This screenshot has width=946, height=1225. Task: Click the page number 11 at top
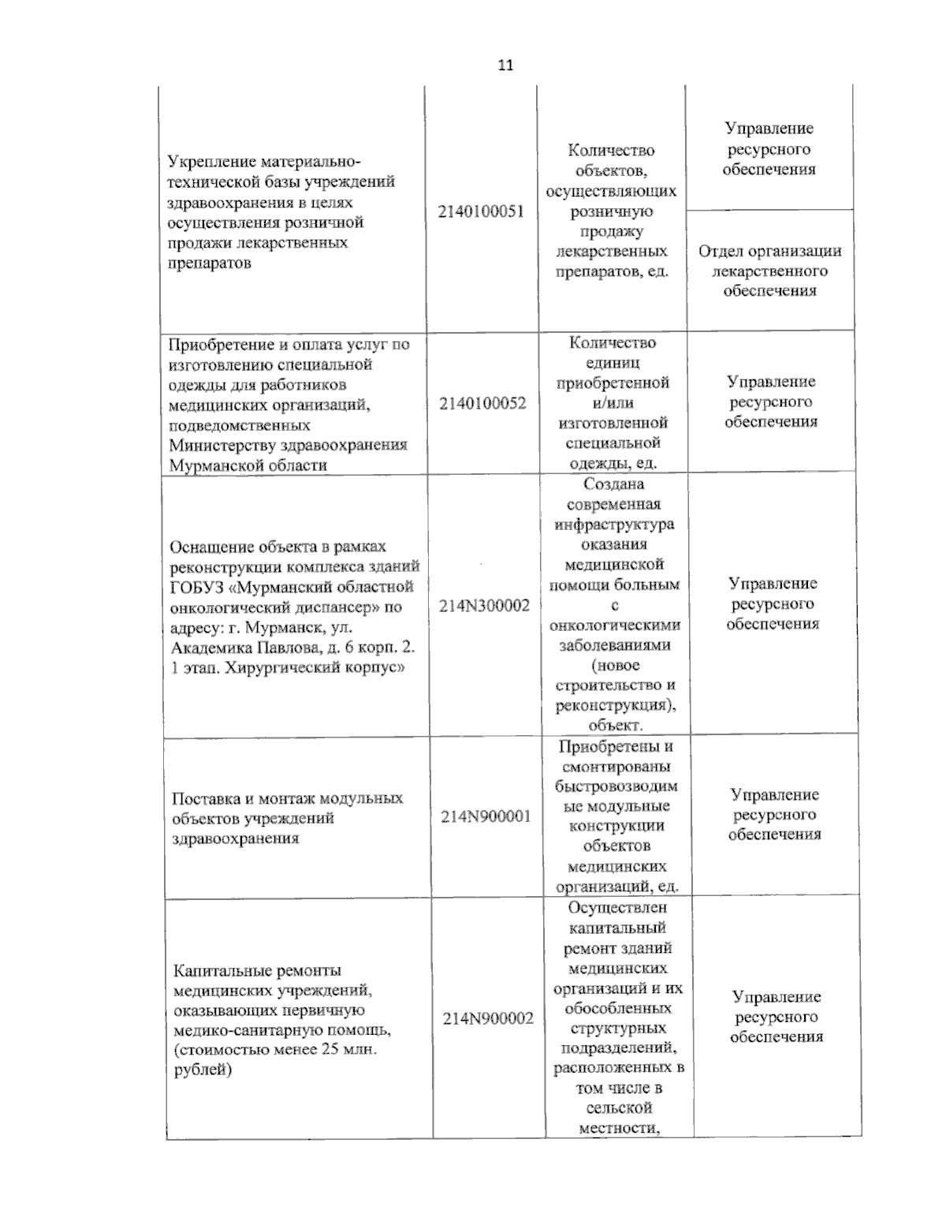505,65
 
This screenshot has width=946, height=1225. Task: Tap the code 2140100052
482,403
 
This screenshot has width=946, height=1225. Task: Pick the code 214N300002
484,605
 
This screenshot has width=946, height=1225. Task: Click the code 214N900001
486,816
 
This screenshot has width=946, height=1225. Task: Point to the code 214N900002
487,1018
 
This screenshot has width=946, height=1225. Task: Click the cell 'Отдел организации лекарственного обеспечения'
769,271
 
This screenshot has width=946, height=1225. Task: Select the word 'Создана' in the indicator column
614,484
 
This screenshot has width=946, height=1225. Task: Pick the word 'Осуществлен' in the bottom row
616,908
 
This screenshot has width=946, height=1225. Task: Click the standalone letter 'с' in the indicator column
615,605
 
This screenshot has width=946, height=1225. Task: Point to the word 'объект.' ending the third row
616,725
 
